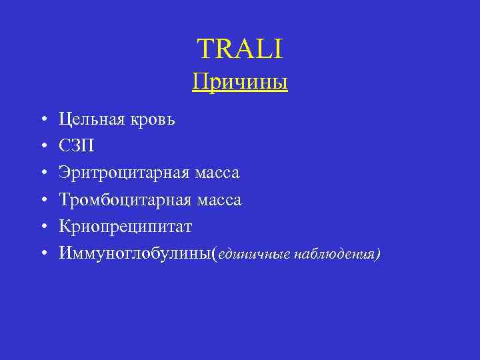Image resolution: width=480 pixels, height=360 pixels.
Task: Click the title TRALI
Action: pos(240,48)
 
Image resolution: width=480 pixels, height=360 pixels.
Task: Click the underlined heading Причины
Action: pos(240,83)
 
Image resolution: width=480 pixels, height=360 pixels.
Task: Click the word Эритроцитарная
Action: pos(125,173)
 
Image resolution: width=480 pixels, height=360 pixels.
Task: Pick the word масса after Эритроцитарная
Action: pos(217,173)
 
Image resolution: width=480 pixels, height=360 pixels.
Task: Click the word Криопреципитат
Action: pos(125,227)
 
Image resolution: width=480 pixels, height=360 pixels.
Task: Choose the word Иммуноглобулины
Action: pos(134,254)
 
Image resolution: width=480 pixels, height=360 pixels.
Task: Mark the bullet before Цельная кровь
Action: pos(42,120)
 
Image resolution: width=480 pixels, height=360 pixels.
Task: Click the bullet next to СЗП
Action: pos(42,147)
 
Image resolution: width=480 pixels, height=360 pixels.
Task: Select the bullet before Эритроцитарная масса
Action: pos(42,173)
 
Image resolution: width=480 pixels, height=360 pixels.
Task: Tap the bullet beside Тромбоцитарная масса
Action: pos(42,200)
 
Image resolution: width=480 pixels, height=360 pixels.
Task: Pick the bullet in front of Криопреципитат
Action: pos(42,227)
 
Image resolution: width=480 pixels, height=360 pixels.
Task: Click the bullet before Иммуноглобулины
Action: pos(42,254)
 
